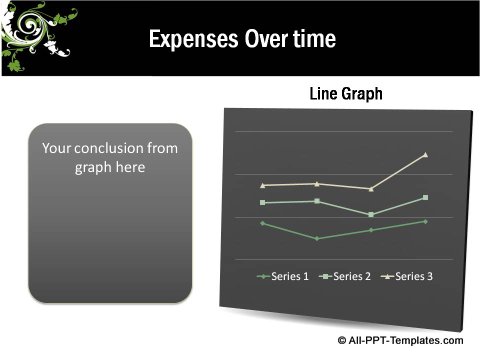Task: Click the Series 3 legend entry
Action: coord(409,276)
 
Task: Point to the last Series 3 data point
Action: coord(426,155)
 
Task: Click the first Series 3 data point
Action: coord(262,185)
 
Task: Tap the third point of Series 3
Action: coord(371,189)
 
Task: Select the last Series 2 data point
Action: coord(426,197)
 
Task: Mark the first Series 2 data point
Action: coord(262,203)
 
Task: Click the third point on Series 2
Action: coord(371,215)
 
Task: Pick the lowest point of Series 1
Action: coord(317,239)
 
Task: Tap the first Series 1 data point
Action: coord(262,223)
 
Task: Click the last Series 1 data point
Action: coord(426,221)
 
